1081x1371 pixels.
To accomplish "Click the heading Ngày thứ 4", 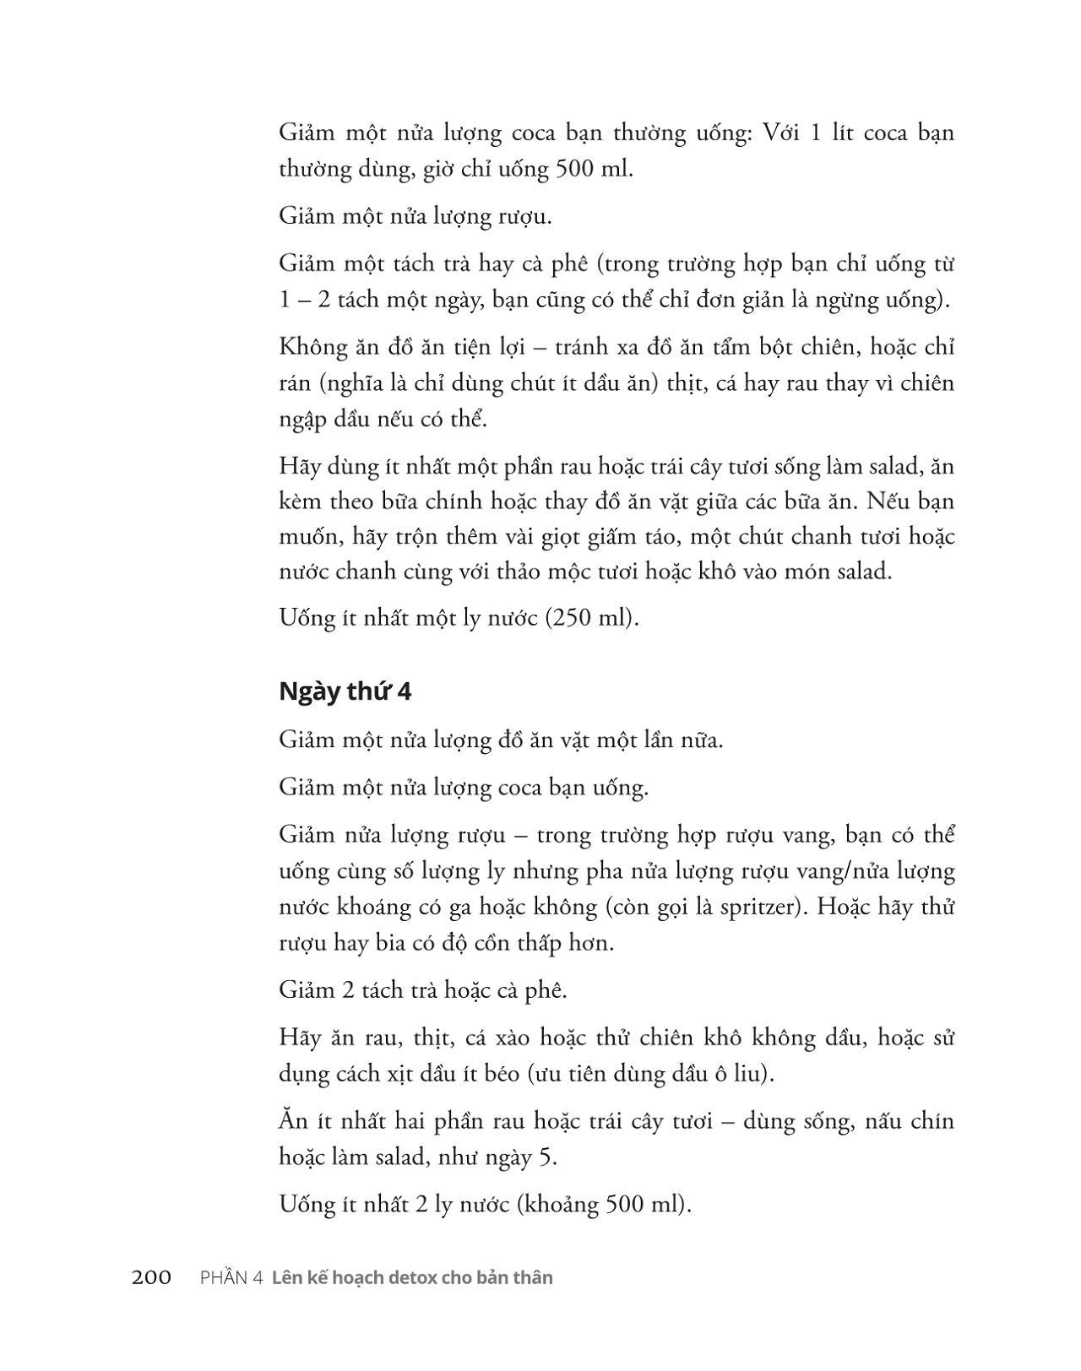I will tap(345, 691).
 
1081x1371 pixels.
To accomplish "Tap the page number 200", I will tap(152, 1277).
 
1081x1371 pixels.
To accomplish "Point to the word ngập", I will tap(302, 420).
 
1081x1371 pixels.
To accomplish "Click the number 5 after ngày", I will tap(546, 1156).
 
